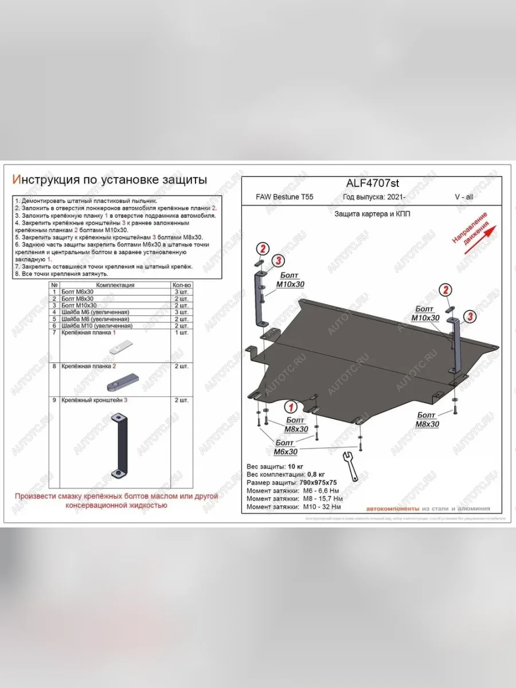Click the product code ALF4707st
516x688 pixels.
[x=372, y=183]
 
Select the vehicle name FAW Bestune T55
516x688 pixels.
[x=284, y=197]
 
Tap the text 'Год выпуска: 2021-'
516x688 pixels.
[x=374, y=197]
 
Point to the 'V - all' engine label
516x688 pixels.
[x=464, y=197]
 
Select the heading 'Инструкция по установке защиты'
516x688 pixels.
[x=110, y=179]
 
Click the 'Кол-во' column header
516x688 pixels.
[x=182, y=285]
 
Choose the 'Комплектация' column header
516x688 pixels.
[x=115, y=285]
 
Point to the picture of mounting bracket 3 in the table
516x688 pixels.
[x=122, y=442]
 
